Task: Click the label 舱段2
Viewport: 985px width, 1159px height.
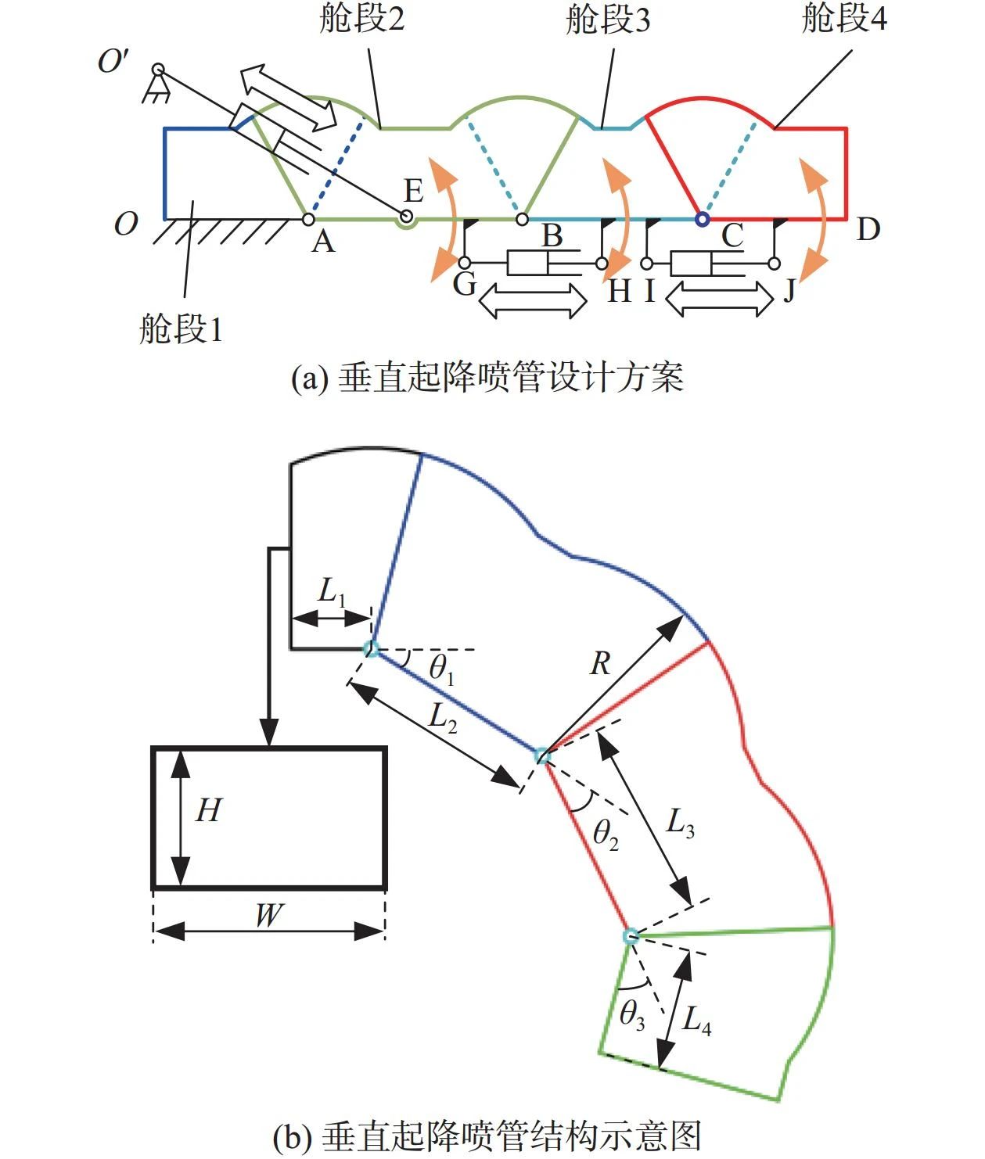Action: (x=362, y=19)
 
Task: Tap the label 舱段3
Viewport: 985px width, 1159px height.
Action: (x=608, y=20)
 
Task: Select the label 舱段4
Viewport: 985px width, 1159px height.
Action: (x=844, y=19)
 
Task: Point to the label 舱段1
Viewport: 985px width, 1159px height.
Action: (x=181, y=328)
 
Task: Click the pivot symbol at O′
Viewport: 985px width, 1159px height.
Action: (x=159, y=71)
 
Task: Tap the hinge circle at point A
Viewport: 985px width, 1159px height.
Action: (x=308, y=219)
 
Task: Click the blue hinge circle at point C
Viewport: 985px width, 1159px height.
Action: (x=702, y=219)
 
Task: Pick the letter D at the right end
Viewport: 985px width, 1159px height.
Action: (x=868, y=229)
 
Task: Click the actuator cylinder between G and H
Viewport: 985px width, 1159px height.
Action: (x=532, y=263)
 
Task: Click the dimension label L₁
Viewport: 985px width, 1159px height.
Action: (x=332, y=593)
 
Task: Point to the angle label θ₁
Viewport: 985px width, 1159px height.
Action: (x=441, y=670)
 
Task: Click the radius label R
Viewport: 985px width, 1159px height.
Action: (x=600, y=664)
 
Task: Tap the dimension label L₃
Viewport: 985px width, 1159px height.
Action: (x=679, y=823)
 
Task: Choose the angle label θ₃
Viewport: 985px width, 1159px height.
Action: (x=632, y=1015)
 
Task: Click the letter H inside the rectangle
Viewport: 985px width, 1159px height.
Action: (x=208, y=811)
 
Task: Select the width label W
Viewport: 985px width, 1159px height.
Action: (x=268, y=915)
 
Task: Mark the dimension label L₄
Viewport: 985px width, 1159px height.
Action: (x=696, y=1020)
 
